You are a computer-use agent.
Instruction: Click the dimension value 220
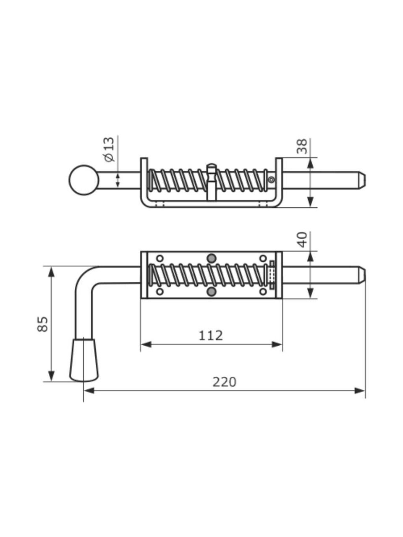pos(224,382)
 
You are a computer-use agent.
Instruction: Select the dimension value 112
pos(211,335)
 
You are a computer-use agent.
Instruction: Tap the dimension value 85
pos(42,324)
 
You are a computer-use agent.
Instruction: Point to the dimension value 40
pos(302,240)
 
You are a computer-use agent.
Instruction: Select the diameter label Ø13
pos(108,149)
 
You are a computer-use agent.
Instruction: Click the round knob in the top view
pos(84,180)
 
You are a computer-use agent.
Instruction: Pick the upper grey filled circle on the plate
pos(212,258)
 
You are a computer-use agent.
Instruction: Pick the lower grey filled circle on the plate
pos(212,292)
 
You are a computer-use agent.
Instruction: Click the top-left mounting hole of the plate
pos(160,258)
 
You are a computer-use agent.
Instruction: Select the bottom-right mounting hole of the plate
pos(263,291)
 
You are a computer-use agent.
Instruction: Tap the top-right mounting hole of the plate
pos(263,258)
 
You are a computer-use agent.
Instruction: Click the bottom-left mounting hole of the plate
pos(160,291)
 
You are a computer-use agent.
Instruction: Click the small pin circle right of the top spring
pos(272,180)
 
